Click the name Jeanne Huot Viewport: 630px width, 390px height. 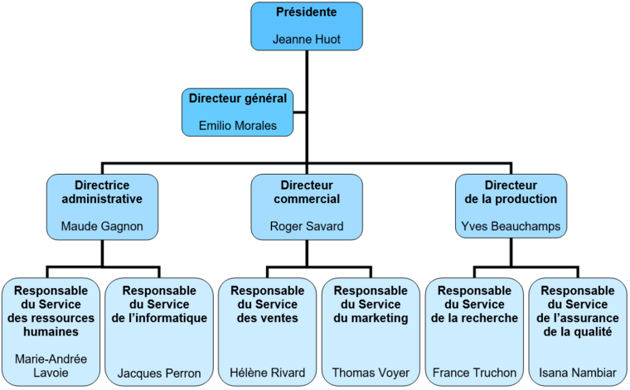click(307, 39)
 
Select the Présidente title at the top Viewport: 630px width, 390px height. click(307, 13)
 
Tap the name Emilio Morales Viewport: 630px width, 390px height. click(238, 126)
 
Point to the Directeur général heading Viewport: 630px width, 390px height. click(238, 98)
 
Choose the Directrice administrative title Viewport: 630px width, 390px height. click(101, 192)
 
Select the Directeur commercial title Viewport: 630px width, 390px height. click(307, 192)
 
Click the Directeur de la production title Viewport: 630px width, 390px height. click(511, 192)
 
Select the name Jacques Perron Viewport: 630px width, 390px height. click(159, 373)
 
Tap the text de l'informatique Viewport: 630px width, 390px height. click(159, 318)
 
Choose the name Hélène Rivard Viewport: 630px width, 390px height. click(267, 373)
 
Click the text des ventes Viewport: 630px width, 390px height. click(267, 318)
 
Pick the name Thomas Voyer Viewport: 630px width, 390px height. click(371, 373)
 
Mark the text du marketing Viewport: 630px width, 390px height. click(371, 318)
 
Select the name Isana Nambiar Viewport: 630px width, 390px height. click(578, 373)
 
